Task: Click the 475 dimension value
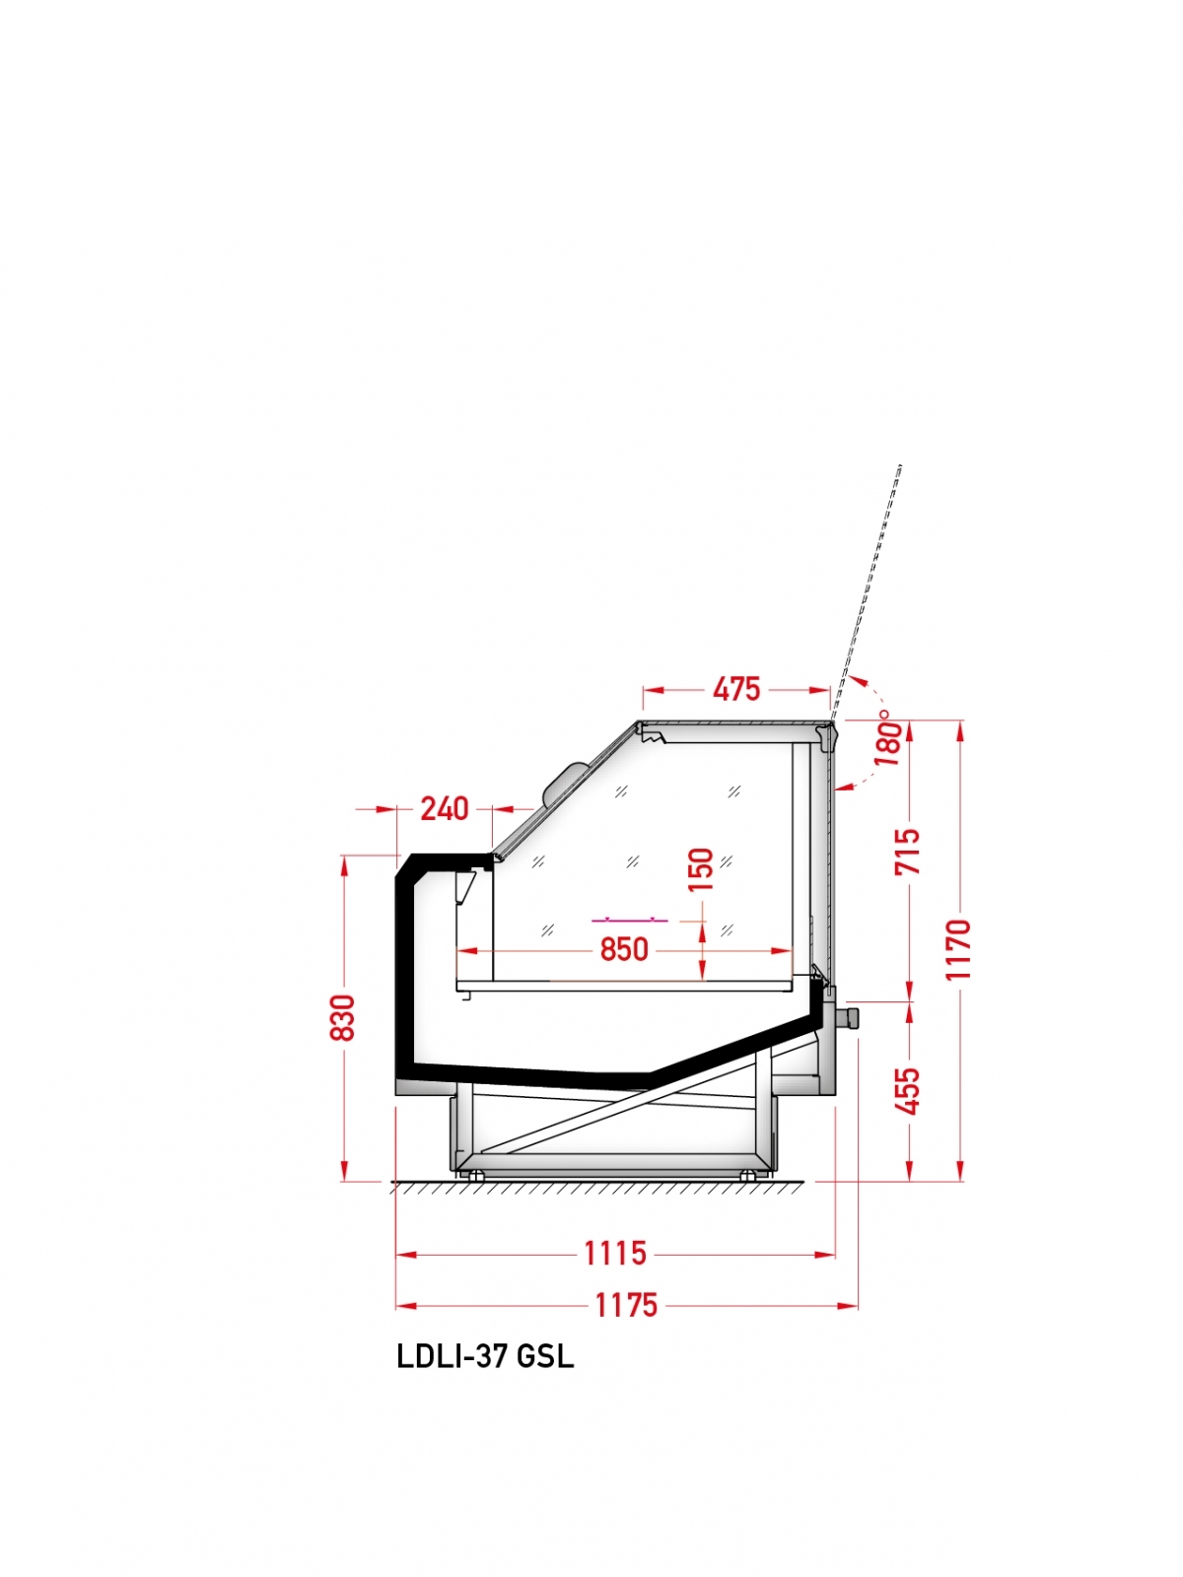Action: (736, 689)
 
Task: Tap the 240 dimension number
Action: (445, 808)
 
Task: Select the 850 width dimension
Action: (623, 950)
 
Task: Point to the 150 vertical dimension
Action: (700, 869)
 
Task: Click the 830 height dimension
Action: (343, 1017)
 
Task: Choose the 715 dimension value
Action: (907, 852)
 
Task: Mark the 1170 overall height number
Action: (958, 948)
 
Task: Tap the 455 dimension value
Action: (907, 1091)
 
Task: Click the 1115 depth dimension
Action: (615, 1254)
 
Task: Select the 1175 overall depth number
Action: (626, 1305)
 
